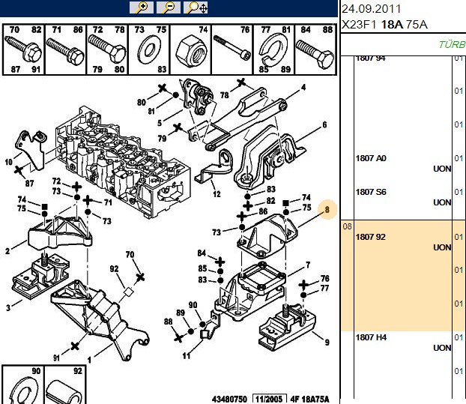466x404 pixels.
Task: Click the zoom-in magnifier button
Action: pyautogui.click(x=142, y=7)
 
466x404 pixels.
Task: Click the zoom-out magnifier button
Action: pyautogui.click(x=169, y=7)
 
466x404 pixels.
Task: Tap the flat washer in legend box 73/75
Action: pyautogui.click(x=149, y=49)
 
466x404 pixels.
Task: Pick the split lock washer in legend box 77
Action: pyautogui.click(x=272, y=49)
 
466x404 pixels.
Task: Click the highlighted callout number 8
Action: pyautogui.click(x=327, y=210)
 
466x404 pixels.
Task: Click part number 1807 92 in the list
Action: pyautogui.click(x=370, y=237)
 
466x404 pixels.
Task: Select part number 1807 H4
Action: pyautogui.click(x=371, y=337)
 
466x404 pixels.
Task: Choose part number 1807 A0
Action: pyautogui.click(x=371, y=158)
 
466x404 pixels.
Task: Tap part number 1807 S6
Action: pyautogui.click(x=371, y=192)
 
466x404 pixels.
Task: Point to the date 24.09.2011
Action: pyautogui.click(x=371, y=9)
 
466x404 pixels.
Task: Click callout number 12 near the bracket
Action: pyautogui.click(x=217, y=194)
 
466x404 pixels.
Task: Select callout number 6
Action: pyautogui.click(x=324, y=125)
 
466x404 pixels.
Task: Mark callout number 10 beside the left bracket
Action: pyautogui.click(x=9, y=162)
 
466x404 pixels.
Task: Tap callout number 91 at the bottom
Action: pyautogui.click(x=56, y=358)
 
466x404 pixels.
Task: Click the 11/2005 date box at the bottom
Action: pyautogui.click(x=270, y=399)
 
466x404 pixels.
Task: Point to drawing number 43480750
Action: pyautogui.click(x=229, y=399)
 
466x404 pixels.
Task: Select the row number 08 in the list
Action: pyautogui.click(x=347, y=226)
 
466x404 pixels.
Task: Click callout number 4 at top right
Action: pyautogui.click(x=303, y=88)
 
